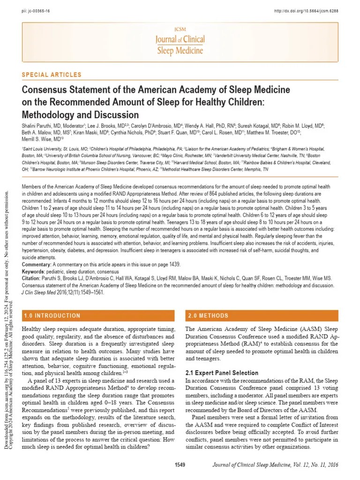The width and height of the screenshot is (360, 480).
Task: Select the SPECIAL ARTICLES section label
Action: tap(52, 75)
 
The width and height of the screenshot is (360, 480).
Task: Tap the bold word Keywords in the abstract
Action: tap(33, 271)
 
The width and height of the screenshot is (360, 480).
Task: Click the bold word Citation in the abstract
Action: tap(32, 278)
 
